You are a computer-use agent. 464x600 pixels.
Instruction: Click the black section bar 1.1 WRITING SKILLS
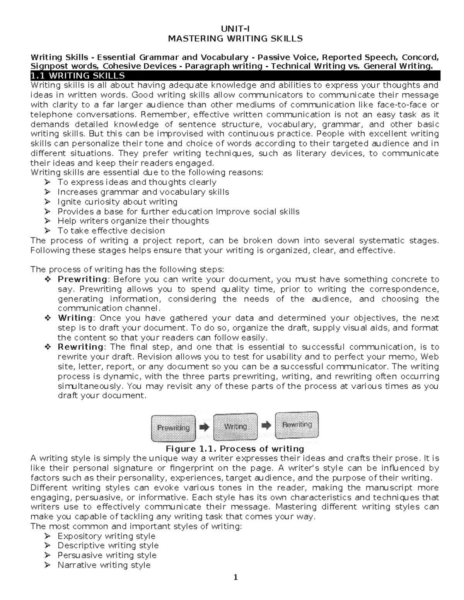tap(235, 75)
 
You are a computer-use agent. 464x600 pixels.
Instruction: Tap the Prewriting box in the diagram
tap(173, 428)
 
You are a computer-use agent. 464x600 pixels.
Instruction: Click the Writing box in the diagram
tap(235, 427)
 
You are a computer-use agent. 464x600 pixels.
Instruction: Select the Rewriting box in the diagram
tap(297, 425)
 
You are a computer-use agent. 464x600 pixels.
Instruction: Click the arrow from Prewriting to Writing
tap(204, 427)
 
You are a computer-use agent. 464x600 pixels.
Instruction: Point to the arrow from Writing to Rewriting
tap(266, 425)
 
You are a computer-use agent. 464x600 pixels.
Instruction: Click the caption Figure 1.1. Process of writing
tap(235, 449)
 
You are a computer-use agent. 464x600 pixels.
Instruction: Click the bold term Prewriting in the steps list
tap(82, 279)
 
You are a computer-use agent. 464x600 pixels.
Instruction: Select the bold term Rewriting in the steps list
tap(80, 347)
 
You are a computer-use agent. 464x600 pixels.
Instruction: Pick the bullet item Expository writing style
tap(106, 536)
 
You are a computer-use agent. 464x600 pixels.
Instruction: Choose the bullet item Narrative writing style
tap(104, 565)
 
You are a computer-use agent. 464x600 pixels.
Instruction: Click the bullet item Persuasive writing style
tap(107, 556)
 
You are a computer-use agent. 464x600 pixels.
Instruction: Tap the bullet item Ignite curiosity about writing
tap(117, 202)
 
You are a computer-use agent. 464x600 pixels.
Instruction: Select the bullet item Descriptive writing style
tap(108, 546)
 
